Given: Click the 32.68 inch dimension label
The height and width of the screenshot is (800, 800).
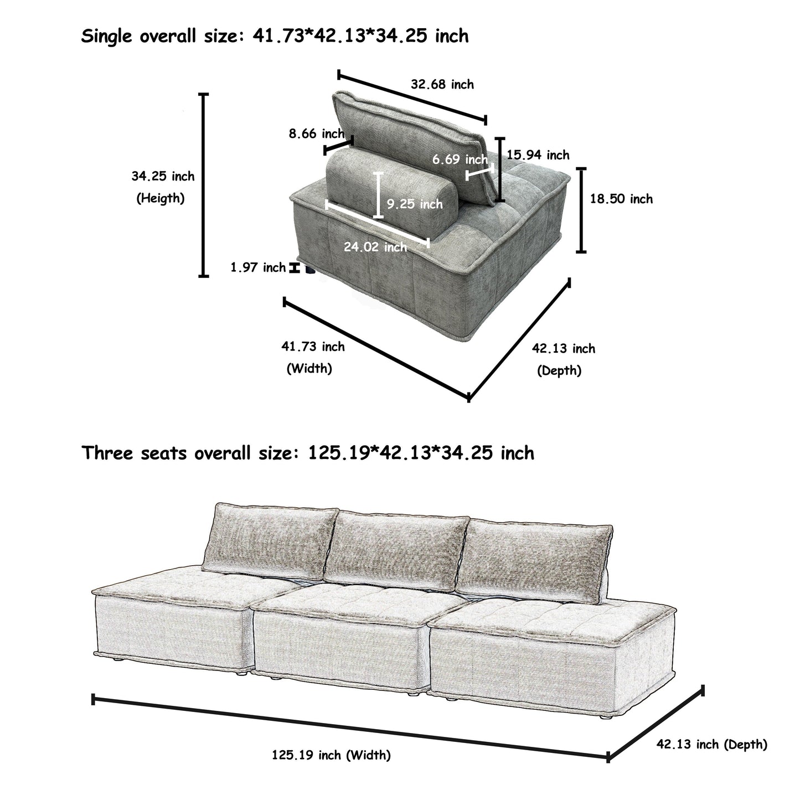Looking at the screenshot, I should [442, 85].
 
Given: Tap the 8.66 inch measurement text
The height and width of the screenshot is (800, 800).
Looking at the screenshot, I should [316, 133].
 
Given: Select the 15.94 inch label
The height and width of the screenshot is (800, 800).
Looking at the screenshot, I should [538, 155].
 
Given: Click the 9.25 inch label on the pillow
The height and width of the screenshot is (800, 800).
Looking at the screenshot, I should [415, 204].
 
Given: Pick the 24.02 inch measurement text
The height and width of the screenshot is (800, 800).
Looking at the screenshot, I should [375, 247].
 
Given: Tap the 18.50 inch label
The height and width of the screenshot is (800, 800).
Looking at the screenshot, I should [621, 199].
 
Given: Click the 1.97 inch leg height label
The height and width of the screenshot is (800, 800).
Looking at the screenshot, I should [258, 268].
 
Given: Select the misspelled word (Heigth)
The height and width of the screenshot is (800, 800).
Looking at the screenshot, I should [161, 198].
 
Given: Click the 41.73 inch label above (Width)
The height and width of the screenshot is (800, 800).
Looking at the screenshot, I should [313, 347].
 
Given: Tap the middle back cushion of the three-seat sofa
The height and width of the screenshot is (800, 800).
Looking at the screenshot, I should [394, 546].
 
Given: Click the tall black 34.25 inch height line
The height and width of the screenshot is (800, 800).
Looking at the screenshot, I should [204, 185].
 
